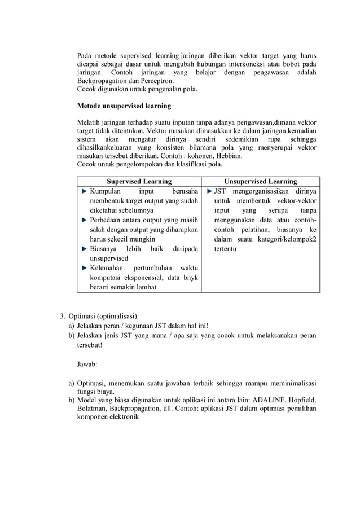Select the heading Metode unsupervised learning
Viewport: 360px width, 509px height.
tap(124, 106)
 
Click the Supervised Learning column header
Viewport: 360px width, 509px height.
tap(139, 181)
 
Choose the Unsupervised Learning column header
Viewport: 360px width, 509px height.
tap(261, 181)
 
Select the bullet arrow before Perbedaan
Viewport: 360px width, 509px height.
tap(85, 220)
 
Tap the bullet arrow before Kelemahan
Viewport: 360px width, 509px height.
tap(85, 268)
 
